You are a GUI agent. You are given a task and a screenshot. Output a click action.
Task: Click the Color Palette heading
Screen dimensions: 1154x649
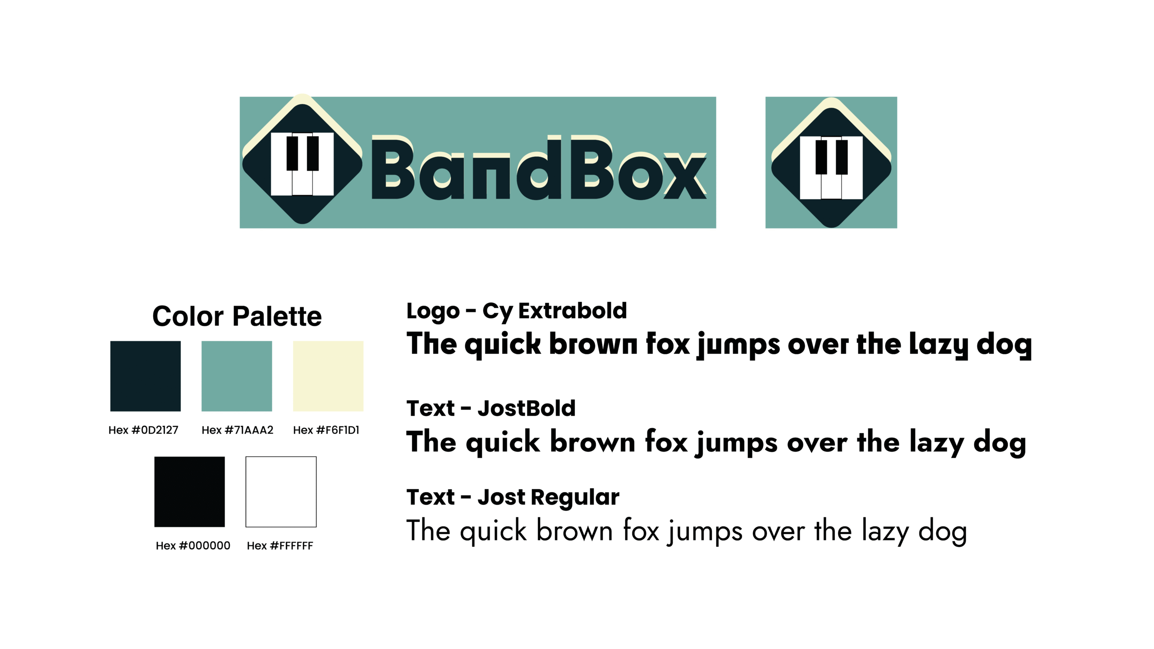click(237, 316)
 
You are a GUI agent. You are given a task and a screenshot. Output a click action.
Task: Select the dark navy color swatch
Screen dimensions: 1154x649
click(146, 376)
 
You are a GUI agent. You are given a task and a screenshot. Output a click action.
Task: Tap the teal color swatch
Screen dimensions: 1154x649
click(237, 376)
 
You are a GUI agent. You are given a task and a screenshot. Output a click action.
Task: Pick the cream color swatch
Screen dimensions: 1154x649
click(328, 376)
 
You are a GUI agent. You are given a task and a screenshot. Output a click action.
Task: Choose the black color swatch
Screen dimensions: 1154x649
click(189, 492)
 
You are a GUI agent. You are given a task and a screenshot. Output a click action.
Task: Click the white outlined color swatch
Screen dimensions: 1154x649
click(281, 492)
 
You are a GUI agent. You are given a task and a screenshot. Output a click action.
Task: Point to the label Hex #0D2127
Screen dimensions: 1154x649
click(143, 430)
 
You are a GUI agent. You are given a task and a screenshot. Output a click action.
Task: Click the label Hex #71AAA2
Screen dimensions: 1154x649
click(238, 430)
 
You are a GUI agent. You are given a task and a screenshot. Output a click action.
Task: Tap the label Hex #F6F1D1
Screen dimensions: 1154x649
click(326, 430)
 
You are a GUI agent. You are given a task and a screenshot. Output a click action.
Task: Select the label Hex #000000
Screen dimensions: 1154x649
click(193, 546)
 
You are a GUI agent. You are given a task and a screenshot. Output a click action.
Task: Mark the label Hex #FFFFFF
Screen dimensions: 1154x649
click(280, 546)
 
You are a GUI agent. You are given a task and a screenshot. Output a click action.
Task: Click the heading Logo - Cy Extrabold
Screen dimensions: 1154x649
click(517, 311)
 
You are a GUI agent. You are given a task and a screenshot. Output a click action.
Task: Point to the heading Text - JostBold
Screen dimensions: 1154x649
click(491, 408)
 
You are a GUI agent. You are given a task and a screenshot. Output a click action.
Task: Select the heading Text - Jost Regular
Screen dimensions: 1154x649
click(513, 498)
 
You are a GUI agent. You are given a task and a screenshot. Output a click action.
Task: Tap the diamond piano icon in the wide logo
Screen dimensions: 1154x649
click(302, 159)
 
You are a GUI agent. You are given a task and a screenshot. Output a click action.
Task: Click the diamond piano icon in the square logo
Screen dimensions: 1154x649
click(831, 163)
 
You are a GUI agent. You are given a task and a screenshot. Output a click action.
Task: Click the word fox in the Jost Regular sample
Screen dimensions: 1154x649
click(641, 530)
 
